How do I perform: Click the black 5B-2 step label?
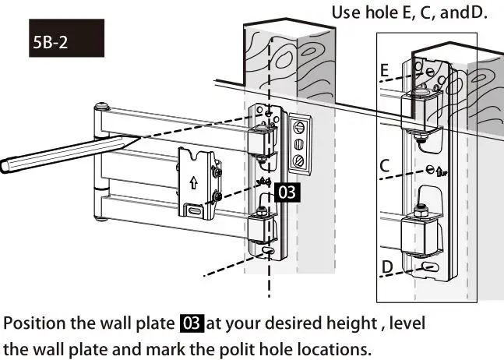[x=52, y=44]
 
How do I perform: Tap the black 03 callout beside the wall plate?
[x=287, y=192]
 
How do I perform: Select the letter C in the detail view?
[x=384, y=166]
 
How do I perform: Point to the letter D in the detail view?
[x=386, y=267]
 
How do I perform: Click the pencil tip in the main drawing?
[x=137, y=138]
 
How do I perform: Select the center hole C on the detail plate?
[x=429, y=170]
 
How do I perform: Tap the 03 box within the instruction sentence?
[x=192, y=323]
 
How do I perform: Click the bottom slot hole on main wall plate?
[x=267, y=252]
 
